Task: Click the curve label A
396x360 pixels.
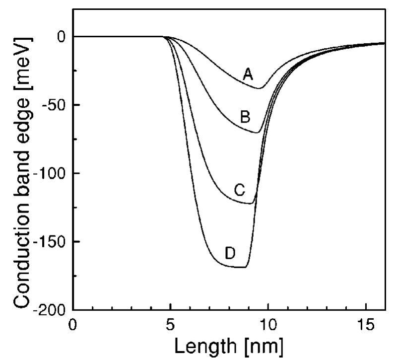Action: [x=248, y=74]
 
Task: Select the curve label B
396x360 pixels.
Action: [x=245, y=117]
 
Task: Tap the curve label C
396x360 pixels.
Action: [x=239, y=189]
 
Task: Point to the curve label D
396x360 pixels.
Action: [x=230, y=253]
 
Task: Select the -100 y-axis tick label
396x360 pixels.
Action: [x=48, y=174]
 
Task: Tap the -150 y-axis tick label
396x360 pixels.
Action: [x=48, y=242]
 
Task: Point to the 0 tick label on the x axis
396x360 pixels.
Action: [x=73, y=323]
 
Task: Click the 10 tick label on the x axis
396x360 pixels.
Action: [x=267, y=323]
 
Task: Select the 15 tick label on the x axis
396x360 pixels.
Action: [x=365, y=323]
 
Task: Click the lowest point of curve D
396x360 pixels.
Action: [x=238, y=267]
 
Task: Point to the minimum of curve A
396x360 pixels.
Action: [x=259, y=88]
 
